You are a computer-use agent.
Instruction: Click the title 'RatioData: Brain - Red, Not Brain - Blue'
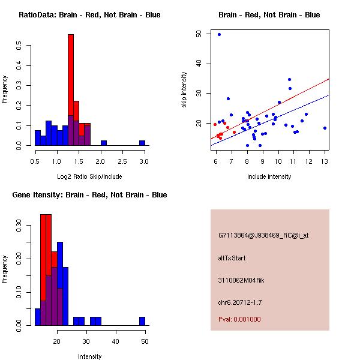pyautogui.click(x=89, y=15)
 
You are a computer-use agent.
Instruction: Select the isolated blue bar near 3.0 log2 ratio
pyautogui.click(x=142, y=143)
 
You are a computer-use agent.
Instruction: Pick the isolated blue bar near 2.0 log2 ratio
pyautogui.click(x=104, y=143)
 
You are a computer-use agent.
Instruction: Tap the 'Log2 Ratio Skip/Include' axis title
pyautogui.click(x=89, y=176)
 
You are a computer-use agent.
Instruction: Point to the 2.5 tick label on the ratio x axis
pyautogui.click(x=122, y=161)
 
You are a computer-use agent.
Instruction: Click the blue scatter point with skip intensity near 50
pyautogui.click(x=219, y=35)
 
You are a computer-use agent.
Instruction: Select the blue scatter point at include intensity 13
pyautogui.click(x=325, y=128)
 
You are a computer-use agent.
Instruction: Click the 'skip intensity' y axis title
pyautogui.click(x=185, y=90)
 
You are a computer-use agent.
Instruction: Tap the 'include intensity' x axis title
pyautogui.click(x=269, y=176)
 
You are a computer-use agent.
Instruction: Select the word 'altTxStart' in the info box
pyautogui.click(x=232, y=258)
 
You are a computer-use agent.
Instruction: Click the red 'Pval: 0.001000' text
pyautogui.click(x=239, y=319)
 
